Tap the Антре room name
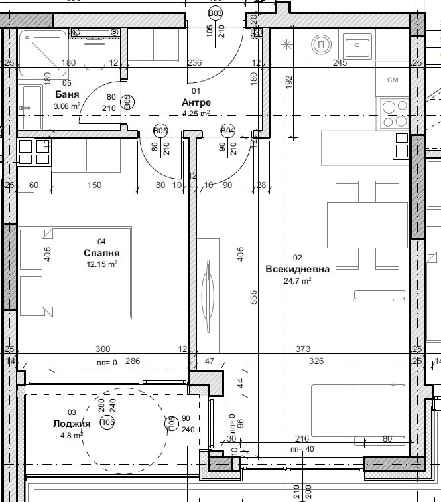pyautogui.click(x=196, y=102)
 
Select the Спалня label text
pyautogui.click(x=102, y=253)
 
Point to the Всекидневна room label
pyautogui.click(x=297, y=269)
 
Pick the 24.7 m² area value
pyautogui.click(x=297, y=280)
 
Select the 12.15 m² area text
pyautogui.click(x=102, y=264)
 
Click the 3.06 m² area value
pyautogui.click(x=67, y=106)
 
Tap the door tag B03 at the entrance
pyautogui.click(x=216, y=13)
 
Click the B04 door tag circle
pyautogui.click(x=227, y=131)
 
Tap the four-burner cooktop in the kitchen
pyautogui.click(x=393, y=113)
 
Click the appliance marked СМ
pyautogui.click(x=393, y=80)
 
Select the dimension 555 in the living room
pyautogui.click(x=253, y=297)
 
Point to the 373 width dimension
pyautogui.click(x=303, y=349)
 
